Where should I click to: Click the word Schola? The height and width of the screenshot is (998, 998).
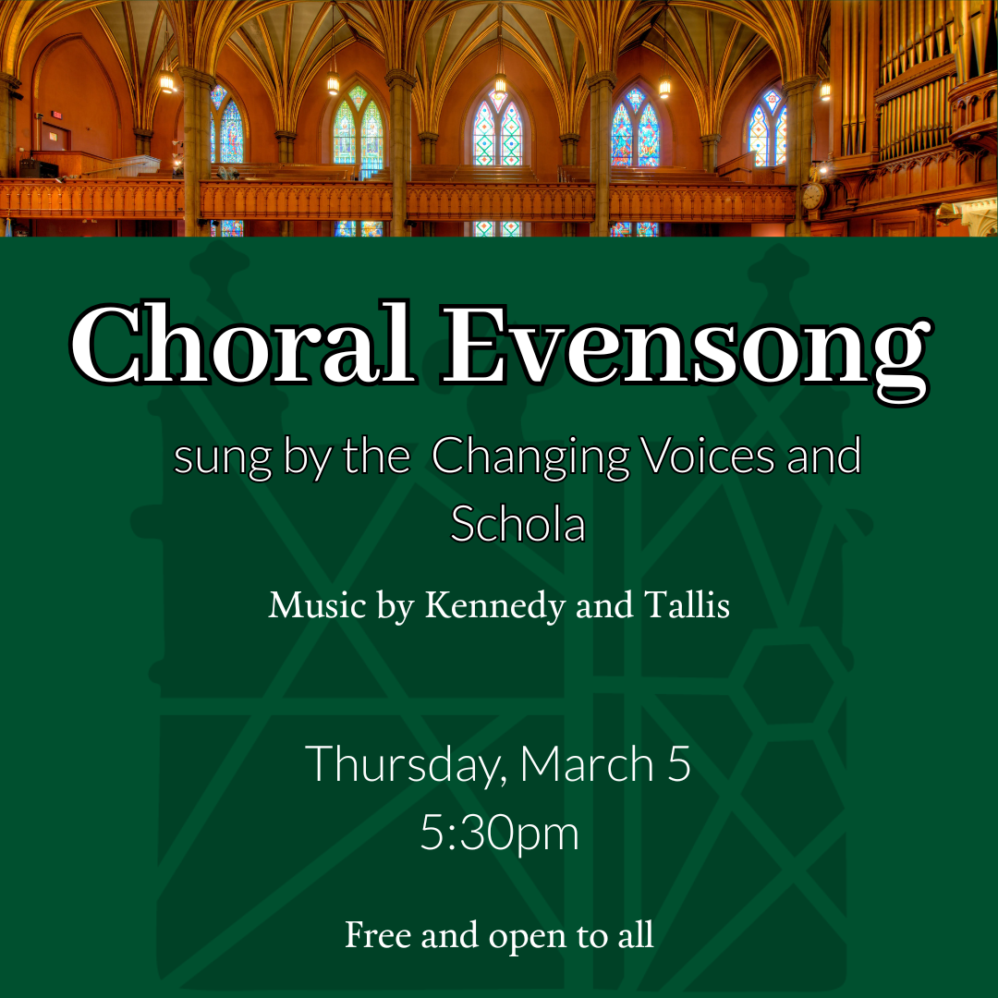click(x=517, y=524)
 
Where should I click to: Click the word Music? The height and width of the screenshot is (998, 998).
click(x=317, y=606)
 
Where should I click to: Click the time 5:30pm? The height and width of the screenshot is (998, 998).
click(x=499, y=833)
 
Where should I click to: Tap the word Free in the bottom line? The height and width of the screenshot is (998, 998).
click(x=377, y=934)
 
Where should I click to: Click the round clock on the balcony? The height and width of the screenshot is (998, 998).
click(x=812, y=196)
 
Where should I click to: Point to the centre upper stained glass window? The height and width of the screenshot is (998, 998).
click(x=497, y=129)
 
